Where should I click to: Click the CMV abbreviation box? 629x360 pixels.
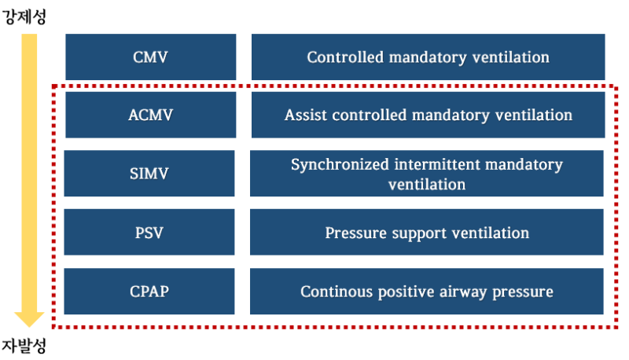(150, 57)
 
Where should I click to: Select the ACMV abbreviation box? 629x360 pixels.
(150, 115)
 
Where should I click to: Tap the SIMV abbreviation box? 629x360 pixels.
(150, 173)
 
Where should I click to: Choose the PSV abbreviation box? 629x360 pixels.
(150, 233)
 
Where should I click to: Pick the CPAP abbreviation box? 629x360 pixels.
(150, 292)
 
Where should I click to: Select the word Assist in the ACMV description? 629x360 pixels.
(303, 116)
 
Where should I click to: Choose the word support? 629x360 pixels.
(417, 233)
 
